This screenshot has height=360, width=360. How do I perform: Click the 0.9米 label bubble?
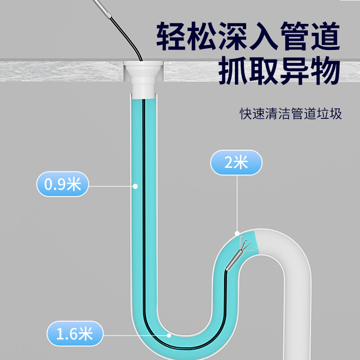(x=62, y=184)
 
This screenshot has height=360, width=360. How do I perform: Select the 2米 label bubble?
(x=236, y=162)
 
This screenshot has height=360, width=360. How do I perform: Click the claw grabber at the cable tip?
(x=245, y=245)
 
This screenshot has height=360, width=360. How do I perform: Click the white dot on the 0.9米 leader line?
(x=135, y=185)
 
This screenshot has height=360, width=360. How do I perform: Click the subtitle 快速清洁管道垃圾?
(x=291, y=113)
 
